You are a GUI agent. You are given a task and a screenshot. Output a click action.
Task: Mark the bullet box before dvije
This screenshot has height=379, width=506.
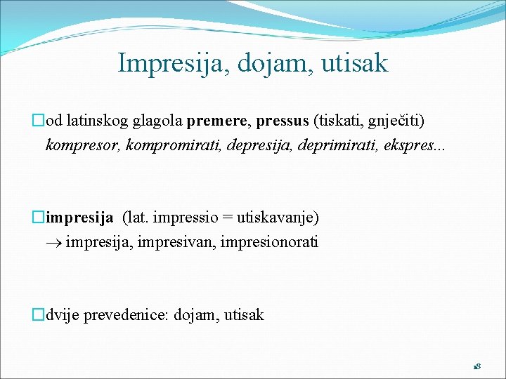click(x=39, y=315)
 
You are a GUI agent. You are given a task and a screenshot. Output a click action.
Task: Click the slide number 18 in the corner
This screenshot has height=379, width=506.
click(x=476, y=367)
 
